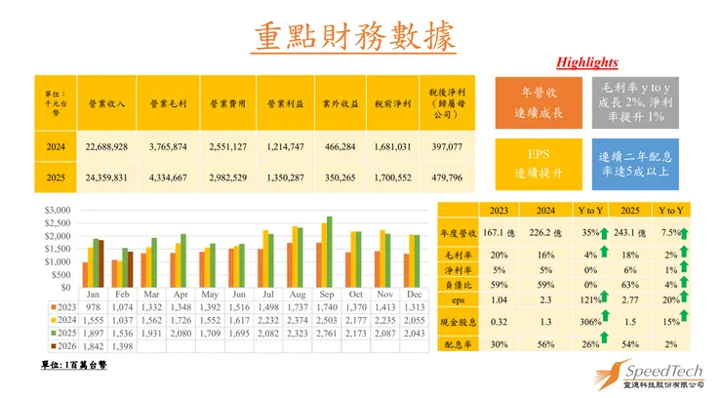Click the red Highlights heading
click(586, 62)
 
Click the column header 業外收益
click(339, 102)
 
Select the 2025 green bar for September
click(329, 252)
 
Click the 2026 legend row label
click(62, 346)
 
